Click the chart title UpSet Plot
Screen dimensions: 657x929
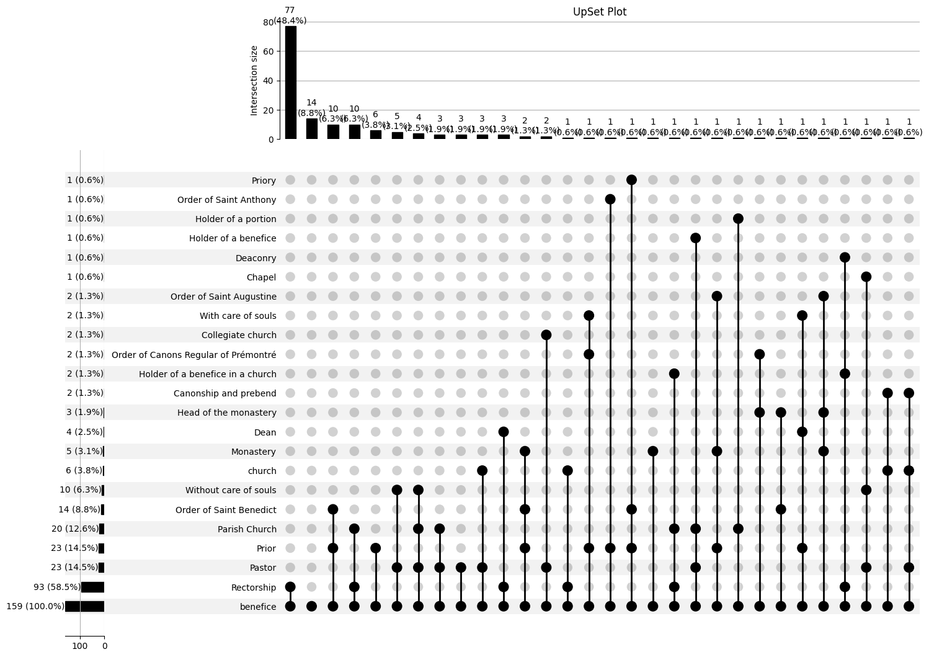[599, 12]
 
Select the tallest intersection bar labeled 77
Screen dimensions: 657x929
[290, 83]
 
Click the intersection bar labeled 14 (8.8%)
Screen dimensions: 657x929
[311, 129]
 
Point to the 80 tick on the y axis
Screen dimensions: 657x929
[269, 22]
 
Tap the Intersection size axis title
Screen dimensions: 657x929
[254, 80]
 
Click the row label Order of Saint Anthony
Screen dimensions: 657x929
[226, 200]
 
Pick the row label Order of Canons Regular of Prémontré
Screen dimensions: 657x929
[193, 355]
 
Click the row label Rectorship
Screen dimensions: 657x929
[253, 588]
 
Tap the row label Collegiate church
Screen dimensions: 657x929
[239, 335]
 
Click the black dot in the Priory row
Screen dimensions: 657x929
[631, 180]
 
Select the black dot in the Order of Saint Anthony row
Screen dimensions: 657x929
[610, 199]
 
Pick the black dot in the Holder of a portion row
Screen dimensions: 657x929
[738, 218]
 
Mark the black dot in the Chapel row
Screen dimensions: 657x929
[866, 277]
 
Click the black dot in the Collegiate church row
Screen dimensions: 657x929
[546, 335]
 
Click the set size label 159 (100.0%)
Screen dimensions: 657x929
[35, 607]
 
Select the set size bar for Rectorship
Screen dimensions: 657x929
[92, 588]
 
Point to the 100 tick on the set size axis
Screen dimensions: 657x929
[80, 646]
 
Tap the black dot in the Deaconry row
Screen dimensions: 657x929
[845, 257]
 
